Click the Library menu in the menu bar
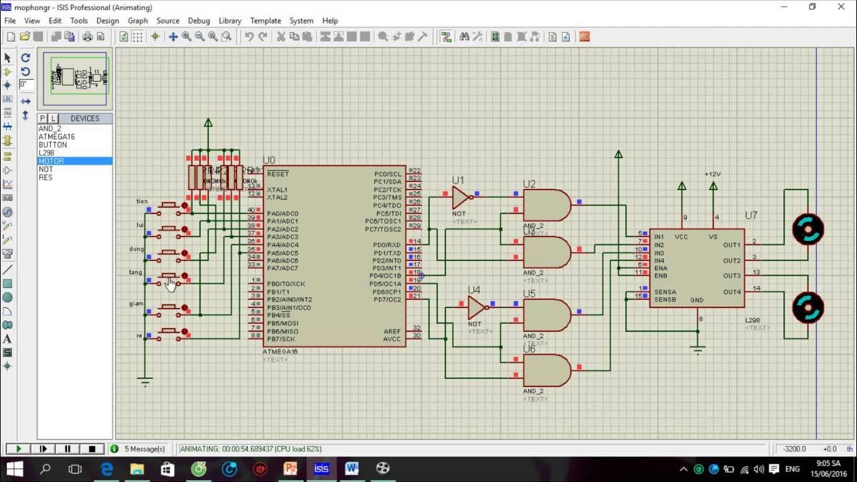pyautogui.click(x=230, y=21)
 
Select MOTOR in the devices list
pyautogui.click(x=52, y=161)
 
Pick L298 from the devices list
pyautogui.click(x=46, y=153)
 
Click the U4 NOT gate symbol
pyautogui.click(x=476, y=308)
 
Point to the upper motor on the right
pyautogui.click(x=807, y=229)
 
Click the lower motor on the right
pyautogui.click(x=807, y=307)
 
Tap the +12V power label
pyautogui.click(x=712, y=174)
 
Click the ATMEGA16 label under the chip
pyautogui.click(x=281, y=351)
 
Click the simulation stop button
pyautogui.click(x=92, y=449)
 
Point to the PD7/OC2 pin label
pyautogui.click(x=387, y=300)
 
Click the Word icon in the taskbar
pyautogui.click(x=352, y=469)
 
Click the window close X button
pyautogui.click(x=842, y=7)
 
